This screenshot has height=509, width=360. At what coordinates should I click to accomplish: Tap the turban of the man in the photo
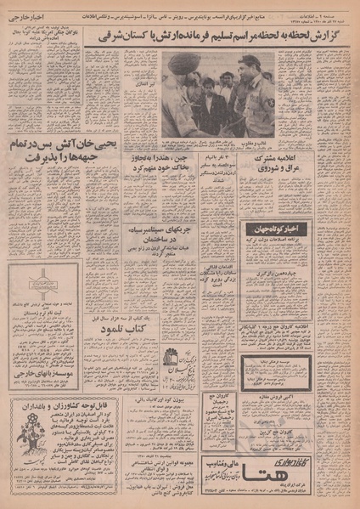pos(178,64)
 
